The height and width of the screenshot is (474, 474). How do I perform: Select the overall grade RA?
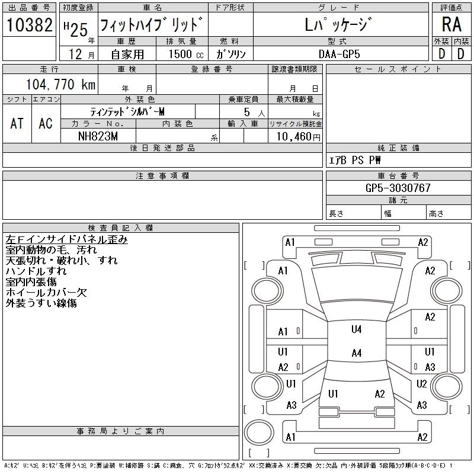point(451,25)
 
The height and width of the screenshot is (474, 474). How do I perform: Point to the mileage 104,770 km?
point(61,85)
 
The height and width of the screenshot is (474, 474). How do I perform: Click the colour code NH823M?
point(98,136)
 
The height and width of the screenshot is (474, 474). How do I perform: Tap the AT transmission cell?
point(17,123)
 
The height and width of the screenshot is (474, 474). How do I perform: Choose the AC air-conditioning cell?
point(46,123)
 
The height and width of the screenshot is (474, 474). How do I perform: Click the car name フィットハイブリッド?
point(152,25)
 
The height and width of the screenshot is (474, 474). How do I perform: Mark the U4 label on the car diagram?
point(356,329)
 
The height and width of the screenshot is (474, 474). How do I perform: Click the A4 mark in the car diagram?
point(356,353)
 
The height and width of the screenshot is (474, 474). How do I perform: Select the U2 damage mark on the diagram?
point(422,384)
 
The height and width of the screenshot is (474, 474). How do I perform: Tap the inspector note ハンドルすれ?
point(36,271)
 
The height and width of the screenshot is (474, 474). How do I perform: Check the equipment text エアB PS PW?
point(355,161)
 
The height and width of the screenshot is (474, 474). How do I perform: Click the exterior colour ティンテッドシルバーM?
point(127,111)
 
